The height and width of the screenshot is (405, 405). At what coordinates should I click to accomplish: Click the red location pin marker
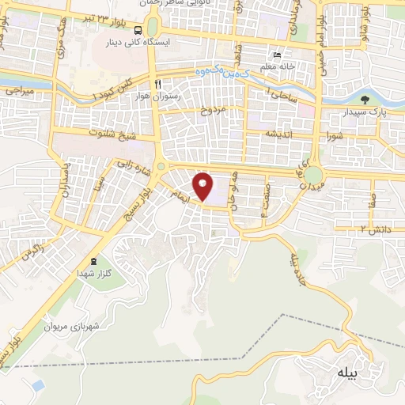point(203,187)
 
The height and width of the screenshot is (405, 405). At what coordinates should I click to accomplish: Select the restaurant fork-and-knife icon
point(158,84)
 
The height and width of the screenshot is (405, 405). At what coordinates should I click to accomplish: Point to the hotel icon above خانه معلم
point(276,55)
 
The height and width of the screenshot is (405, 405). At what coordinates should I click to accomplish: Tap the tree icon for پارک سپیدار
point(365,100)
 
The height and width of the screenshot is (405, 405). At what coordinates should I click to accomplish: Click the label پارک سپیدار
point(365,112)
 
